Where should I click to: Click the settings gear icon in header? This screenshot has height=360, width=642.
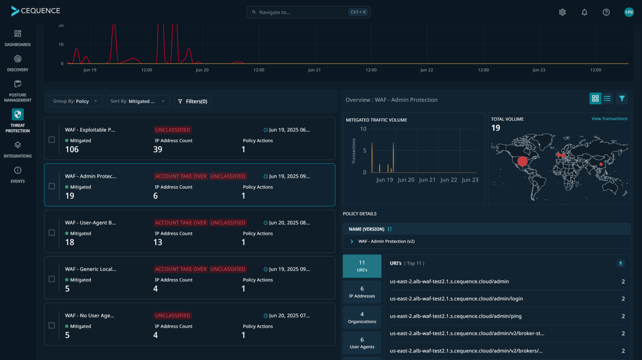pyautogui.click(x=562, y=12)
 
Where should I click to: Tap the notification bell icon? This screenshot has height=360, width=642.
pyautogui.click(x=584, y=12)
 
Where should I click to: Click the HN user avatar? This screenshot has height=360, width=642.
pyautogui.click(x=629, y=12)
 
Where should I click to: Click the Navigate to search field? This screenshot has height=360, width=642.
pyautogui.click(x=301, y=12)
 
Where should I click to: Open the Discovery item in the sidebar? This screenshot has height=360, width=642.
pyautogui.click(x=18, y=63)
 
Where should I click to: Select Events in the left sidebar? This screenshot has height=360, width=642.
pyautogui.click(x=18, y=175)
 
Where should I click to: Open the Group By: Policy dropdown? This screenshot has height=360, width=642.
pyautogui.click(x=76, y=101)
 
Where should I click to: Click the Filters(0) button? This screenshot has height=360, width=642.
pyautogui.click(x=192, y=101)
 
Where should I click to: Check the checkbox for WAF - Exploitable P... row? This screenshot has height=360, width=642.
pyautogui.click(x=52, y=140)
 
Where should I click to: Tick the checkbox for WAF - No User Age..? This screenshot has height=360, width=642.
pyautogui.click(x=52, y=325)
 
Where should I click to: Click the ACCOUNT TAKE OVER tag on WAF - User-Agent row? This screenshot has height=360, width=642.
pyautogui.click(x=181, y=223)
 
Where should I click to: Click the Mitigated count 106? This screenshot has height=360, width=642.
pyautogui.click(x=72, y=150)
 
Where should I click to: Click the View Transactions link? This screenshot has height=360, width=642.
pyautogui.click(x=609, y=119)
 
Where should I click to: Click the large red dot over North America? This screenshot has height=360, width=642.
pyautogui.click(x=522, y=161)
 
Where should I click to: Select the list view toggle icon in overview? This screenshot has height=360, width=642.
pyautogui.click(x=607, y=98)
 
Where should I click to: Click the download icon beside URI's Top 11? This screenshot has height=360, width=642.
pyautogui.click(x=620, y=263)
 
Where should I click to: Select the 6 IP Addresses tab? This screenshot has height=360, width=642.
pyautogui.click(x=362, y=292)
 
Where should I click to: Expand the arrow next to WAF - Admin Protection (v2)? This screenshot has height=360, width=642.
pyautogui.click(x=352, y=241)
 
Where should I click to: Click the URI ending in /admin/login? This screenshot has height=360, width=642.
pyautogui.click(x=456, y=299)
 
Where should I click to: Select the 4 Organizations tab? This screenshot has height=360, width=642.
pyautogui.click(x=362, y=317)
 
